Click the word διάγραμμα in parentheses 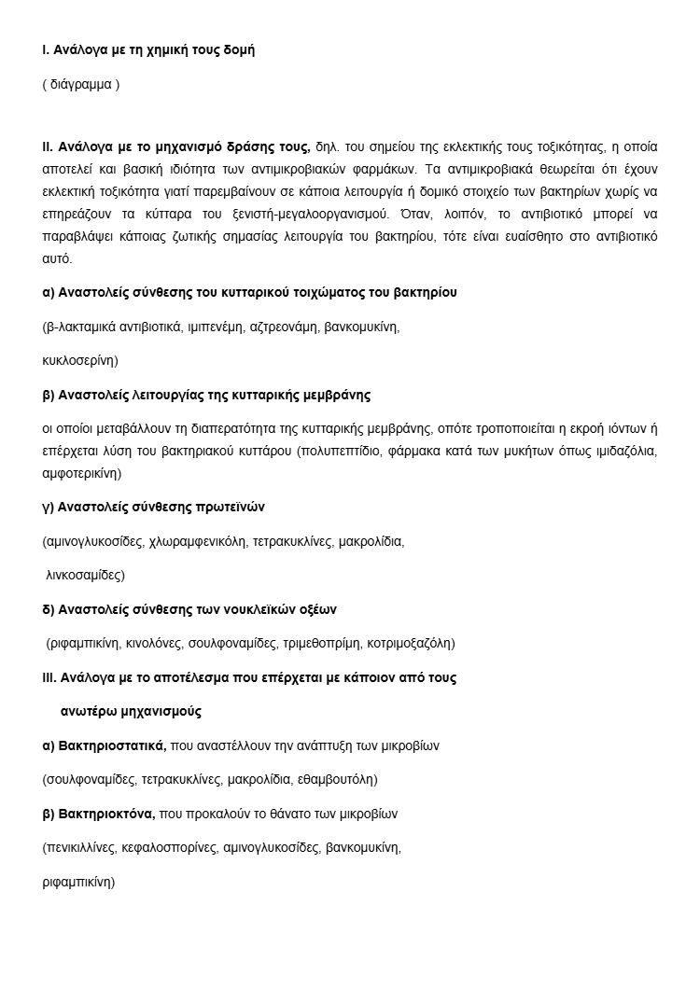point(81,84)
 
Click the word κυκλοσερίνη point(79,360)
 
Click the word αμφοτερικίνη point(82,473)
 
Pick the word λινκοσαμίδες point(85,575)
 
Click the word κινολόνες point(154,643)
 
